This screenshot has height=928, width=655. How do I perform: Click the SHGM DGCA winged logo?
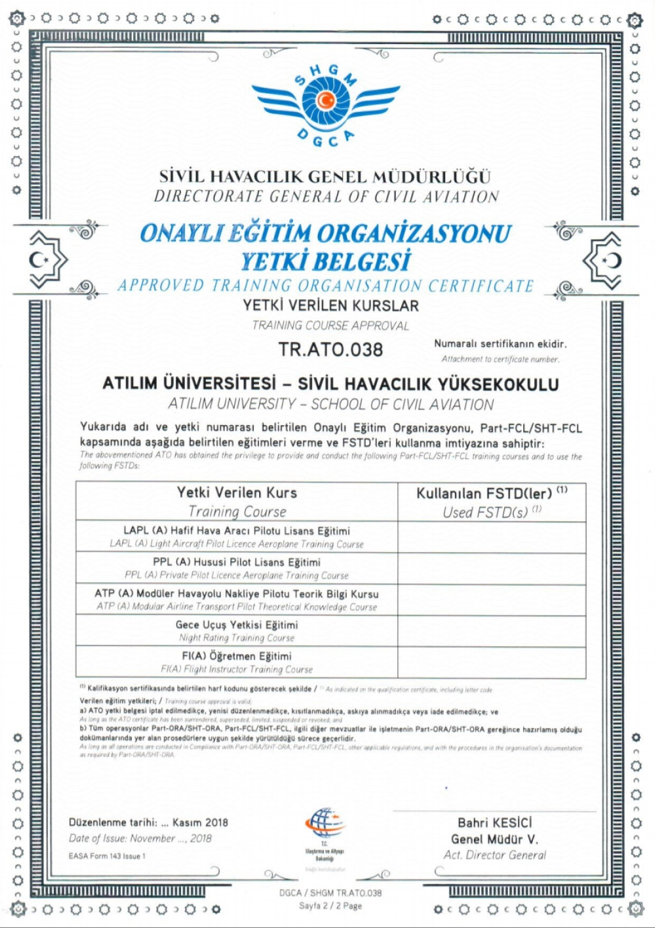pos(326,102)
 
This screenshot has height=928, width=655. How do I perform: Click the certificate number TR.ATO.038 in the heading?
pos(330,350)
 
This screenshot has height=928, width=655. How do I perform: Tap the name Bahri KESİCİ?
pos(494,823)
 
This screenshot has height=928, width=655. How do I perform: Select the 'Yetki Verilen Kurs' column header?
pos(237,493)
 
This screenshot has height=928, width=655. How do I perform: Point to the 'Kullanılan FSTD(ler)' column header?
pos(484,493)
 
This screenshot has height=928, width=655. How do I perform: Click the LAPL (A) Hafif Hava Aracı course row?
pos(237,537)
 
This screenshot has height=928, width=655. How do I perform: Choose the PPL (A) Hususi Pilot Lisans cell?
pos(237,568)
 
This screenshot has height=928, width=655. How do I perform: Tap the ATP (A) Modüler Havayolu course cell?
pos(237,599)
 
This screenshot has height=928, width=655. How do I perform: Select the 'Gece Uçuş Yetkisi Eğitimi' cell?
pos(237,631)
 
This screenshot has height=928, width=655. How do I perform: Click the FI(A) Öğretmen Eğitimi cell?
pos(237,662)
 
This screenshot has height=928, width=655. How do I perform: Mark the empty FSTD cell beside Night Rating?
pos(491,631)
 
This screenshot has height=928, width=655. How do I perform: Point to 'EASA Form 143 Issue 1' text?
pos(107,856)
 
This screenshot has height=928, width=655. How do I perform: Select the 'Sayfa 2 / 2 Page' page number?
pos(330,906)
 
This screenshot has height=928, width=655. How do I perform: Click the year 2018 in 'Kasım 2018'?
pos(217,823)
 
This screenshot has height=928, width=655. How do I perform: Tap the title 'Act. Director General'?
pos(494,855)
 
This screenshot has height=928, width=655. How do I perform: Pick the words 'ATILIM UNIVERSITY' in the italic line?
pos(230,405)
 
